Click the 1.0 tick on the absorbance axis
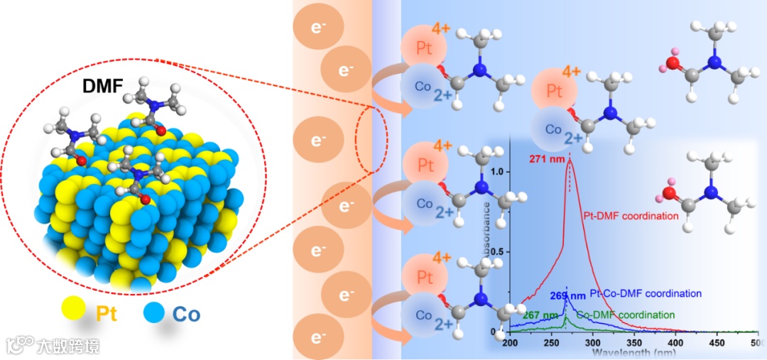click(499, 172)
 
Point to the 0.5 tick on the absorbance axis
click(499, 252)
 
